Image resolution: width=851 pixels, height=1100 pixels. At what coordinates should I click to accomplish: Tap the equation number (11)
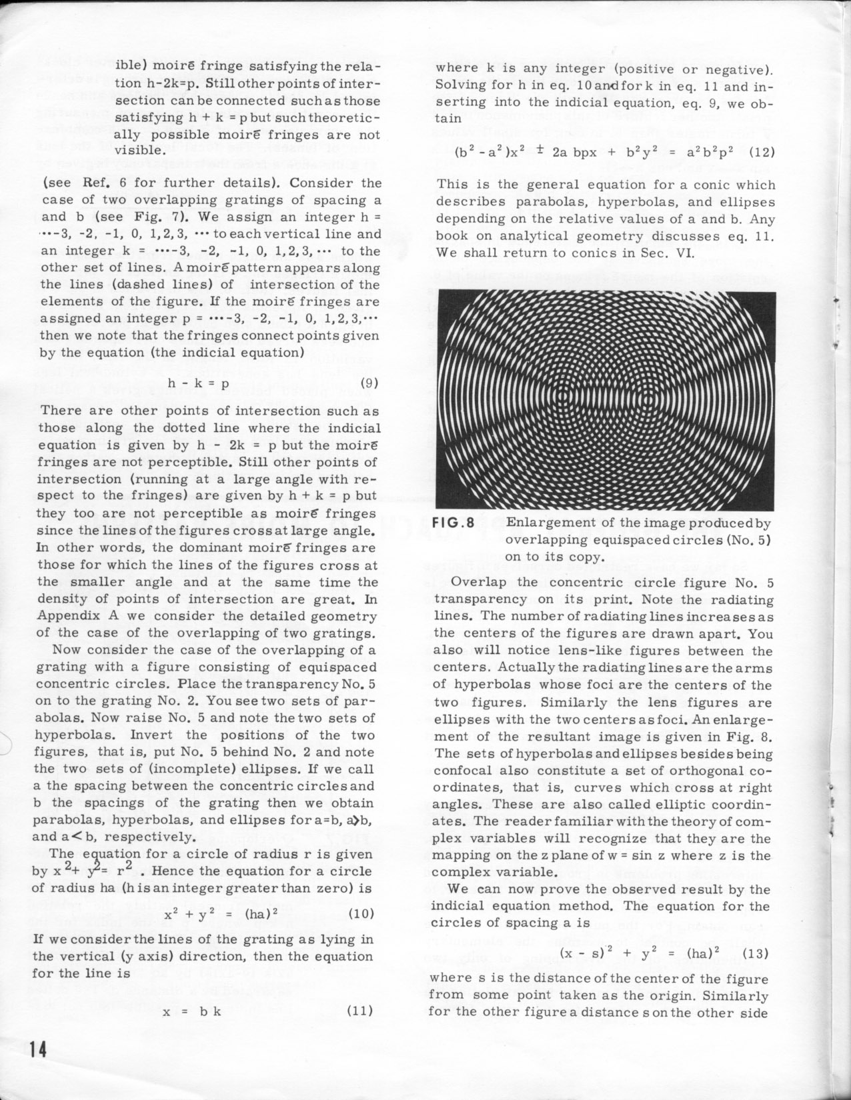click(360, 1010)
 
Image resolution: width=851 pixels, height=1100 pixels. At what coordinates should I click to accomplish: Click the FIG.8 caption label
click(454, 523)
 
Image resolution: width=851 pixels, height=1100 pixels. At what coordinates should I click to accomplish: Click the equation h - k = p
click(198, 384)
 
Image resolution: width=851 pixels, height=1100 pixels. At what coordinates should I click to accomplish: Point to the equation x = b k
click(193, 1011)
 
